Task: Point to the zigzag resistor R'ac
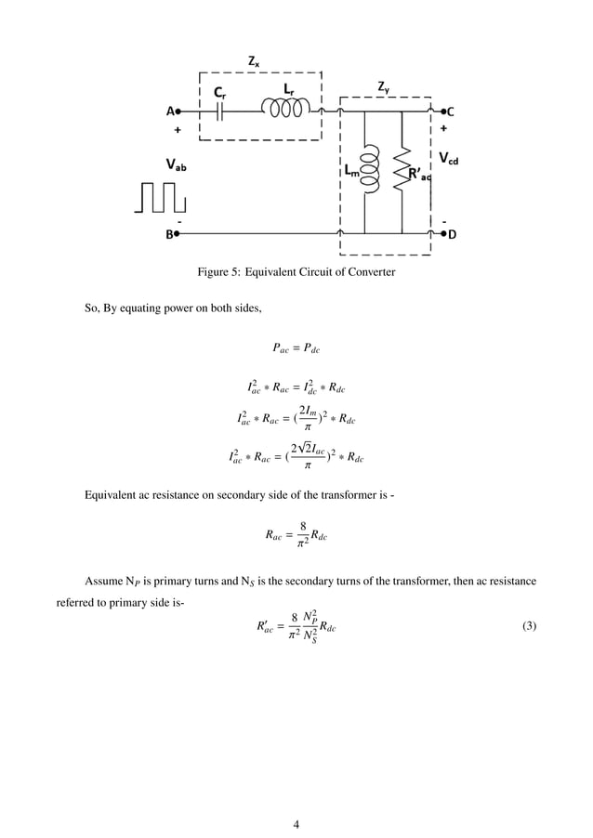pos(402,171)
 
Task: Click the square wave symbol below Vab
pos(159,197)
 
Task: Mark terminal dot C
pos(444,111)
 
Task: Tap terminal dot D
pos(444,235)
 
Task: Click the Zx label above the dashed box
pos(254,61)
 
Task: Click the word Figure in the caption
pos(215,272)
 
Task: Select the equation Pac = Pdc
pos(296,349)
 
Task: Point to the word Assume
pos(102,581)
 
